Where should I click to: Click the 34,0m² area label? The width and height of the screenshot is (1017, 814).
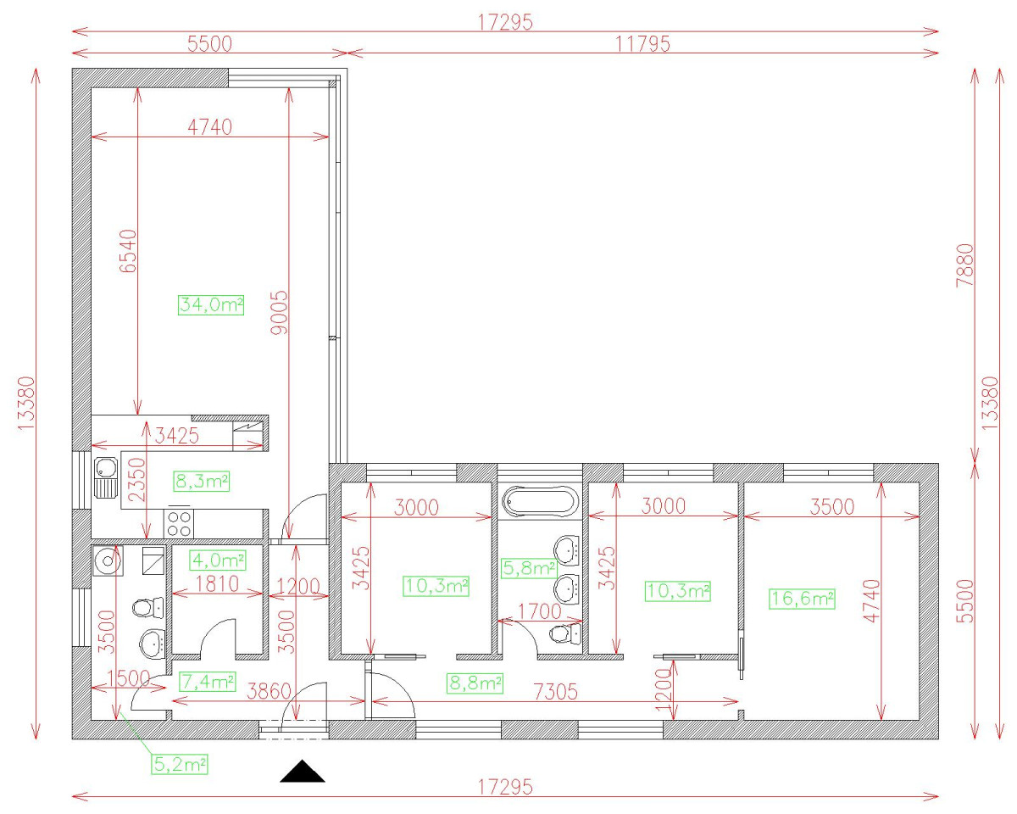click(x=211, y=304)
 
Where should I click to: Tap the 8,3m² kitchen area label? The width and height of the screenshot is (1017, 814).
click(x=202, y=482)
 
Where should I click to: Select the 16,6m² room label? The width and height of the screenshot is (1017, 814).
click(x=802, y=599)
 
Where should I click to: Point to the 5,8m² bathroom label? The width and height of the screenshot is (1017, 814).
click(x=529, y=567)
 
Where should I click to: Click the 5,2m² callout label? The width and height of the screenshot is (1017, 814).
click(x=180, y=764)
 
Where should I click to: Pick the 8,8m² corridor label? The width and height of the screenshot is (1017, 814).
click(x=475, y=683)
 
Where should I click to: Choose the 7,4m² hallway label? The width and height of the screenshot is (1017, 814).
click(x=208, y=682)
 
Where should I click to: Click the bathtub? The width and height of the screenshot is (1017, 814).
click(x=540, y=501)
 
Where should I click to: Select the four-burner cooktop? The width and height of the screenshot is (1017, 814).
click(x=179, y=524)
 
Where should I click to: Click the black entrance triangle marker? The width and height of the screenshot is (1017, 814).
click(x=303, y=772)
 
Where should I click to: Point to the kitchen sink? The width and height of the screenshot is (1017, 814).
click(x=105, y=477)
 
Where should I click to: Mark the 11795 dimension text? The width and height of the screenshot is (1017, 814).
click(x=642, y=44)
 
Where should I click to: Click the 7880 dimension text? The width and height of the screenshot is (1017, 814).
click(x=965, y=265)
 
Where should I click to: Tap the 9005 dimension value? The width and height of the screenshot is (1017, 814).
click(x=279, y=313)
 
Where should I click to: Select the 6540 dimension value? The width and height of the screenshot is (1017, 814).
click(x=128, y=251)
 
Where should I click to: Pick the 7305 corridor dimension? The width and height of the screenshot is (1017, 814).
click(x=556, y=692)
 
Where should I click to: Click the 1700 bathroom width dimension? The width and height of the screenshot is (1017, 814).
click(x=540, y=611)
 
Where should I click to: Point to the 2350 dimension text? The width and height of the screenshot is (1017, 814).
click(x=137, y=479)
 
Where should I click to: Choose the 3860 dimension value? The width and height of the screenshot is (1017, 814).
click(x=270, y=692)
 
